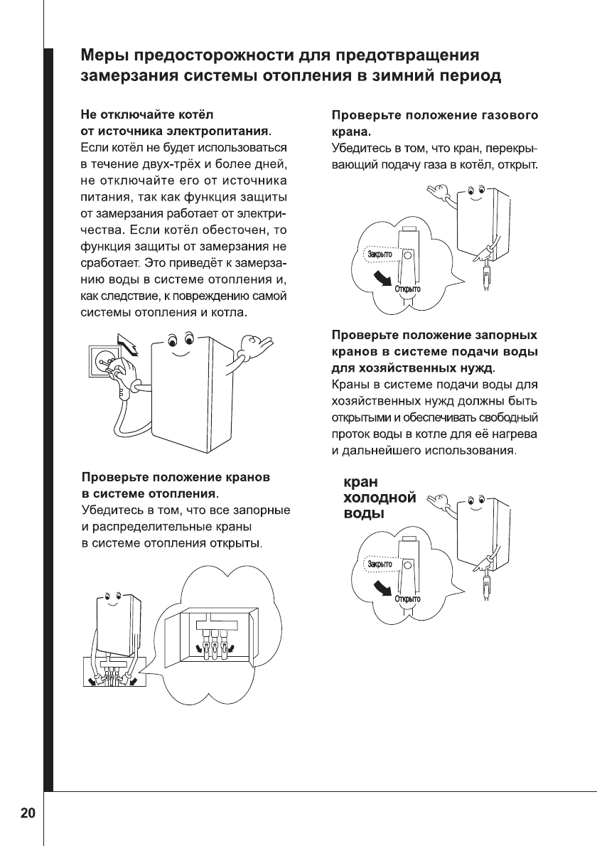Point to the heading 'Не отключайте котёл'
point(148,115)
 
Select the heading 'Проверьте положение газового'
point(435,115)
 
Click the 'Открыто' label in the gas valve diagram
point(408,289)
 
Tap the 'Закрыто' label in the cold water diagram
point(381,563)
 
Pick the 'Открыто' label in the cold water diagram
point(408,599)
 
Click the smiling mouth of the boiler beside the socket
point(183,353)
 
